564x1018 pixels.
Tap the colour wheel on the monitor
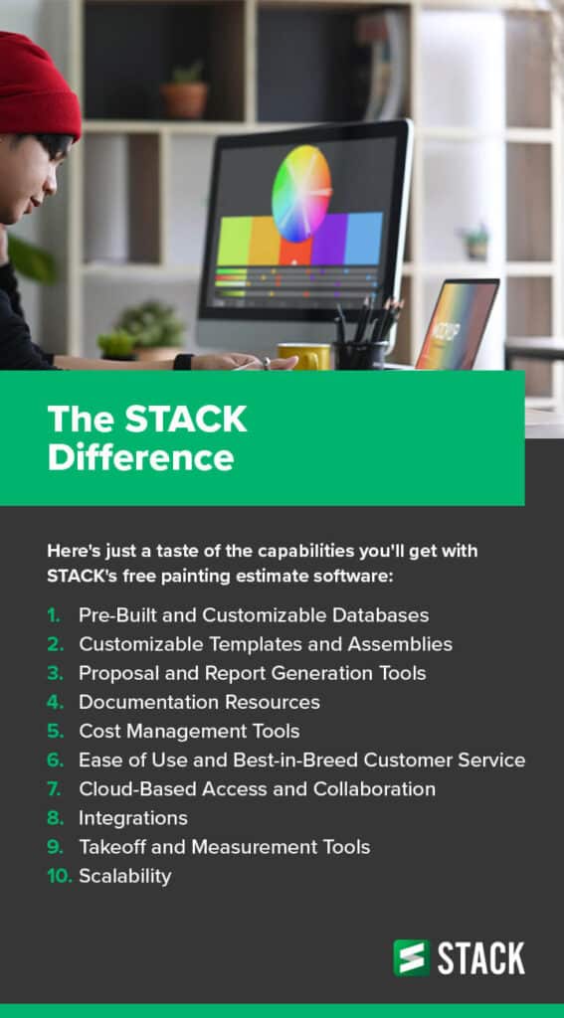tap(301, 193)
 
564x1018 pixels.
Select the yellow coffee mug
tap(304, 357)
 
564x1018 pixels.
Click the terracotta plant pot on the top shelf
tap(185, 99)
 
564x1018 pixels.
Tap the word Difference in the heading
tap(141, 457)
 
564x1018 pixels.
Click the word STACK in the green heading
tap(186, 419)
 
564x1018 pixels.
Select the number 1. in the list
tap(54, 615)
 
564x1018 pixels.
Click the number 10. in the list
tap(59, 876)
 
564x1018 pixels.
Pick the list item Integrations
tap(133, 819)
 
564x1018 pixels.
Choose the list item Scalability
tap(125, 877)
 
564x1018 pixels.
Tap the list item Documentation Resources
tap(200, 702)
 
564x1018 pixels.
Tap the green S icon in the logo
tap(411, 957)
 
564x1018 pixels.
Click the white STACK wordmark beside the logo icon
tap(481, 958)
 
